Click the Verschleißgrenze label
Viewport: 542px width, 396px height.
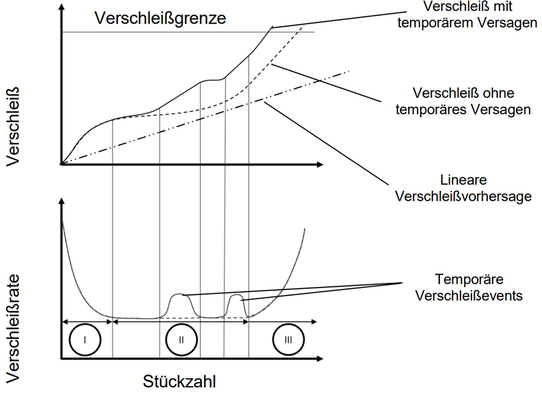pos(160,18)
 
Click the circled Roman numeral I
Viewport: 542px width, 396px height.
pos(85,340)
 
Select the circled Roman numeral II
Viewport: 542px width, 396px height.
pos(181,340)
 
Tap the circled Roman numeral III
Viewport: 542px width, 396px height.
pos(288,340)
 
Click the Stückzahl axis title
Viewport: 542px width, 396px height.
pos(179,381)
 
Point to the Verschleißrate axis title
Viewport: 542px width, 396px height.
pos(13,329)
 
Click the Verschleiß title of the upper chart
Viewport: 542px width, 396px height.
pos(13,127)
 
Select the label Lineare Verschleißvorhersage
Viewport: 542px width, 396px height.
pos(464,188)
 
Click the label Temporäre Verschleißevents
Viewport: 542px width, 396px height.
pos(469,287)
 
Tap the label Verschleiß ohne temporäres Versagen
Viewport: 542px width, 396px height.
pos(463,101)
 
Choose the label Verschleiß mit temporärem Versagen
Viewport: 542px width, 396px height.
pos(467,14)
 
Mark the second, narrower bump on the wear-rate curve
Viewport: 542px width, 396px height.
pos(237,304)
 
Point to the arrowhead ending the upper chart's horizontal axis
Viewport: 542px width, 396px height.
pos(319,165)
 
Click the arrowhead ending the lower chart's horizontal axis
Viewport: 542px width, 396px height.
pos(319,359)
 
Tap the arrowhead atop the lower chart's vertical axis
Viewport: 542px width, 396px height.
pos(62,203)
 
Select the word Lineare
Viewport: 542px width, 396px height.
pos(464,180)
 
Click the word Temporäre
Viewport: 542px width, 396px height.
pos(469,279)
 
